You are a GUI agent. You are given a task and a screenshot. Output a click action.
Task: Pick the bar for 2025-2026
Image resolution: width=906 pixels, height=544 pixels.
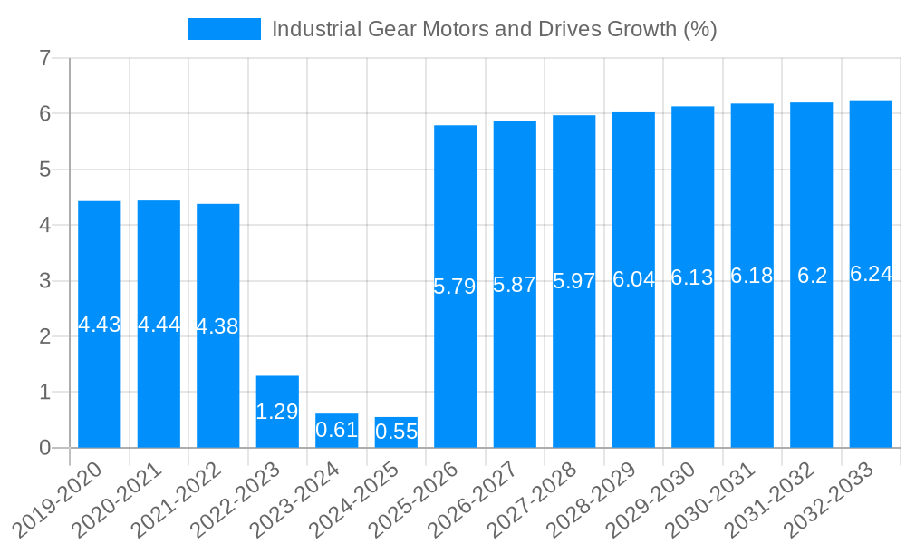coord(456,363)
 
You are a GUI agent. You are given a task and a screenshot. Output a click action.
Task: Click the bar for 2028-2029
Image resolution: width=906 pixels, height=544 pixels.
coord(633,363)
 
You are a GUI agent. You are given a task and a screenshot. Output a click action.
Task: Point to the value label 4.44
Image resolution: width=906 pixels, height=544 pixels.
coord(159,325)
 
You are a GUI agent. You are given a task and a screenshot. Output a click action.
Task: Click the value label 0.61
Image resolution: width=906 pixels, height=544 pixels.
coord(337,430)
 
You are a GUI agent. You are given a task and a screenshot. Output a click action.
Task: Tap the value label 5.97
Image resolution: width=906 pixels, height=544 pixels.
coord(574,282)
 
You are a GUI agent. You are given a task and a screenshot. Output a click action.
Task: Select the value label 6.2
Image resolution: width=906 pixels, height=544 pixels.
coord(812,276)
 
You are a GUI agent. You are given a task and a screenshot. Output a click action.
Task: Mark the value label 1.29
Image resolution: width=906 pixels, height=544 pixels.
coord(277,412)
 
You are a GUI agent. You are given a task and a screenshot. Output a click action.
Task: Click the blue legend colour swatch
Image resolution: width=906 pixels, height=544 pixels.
coord(224,29)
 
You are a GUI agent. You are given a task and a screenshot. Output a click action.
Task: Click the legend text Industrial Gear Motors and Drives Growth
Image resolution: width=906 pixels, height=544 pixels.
coord(494,29)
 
